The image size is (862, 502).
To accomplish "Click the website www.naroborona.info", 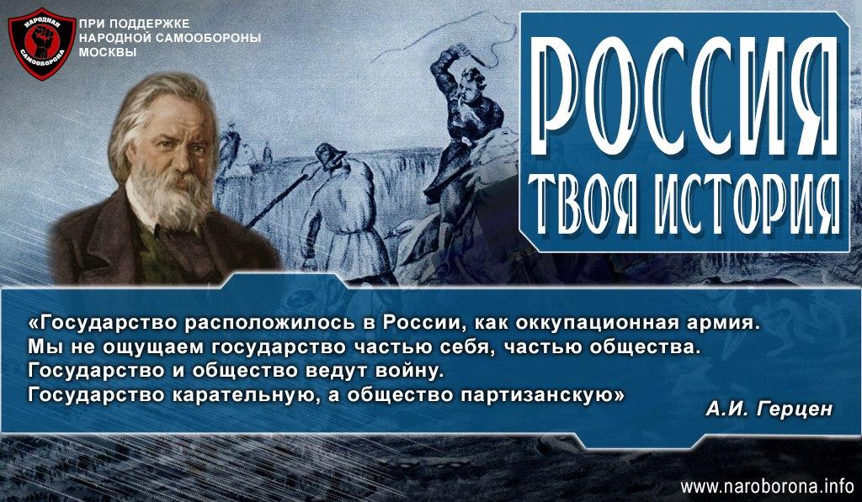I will coord(766,486).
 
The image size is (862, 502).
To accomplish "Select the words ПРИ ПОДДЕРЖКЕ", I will coord(135,24).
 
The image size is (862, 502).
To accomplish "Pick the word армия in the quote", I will coord(726,323).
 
